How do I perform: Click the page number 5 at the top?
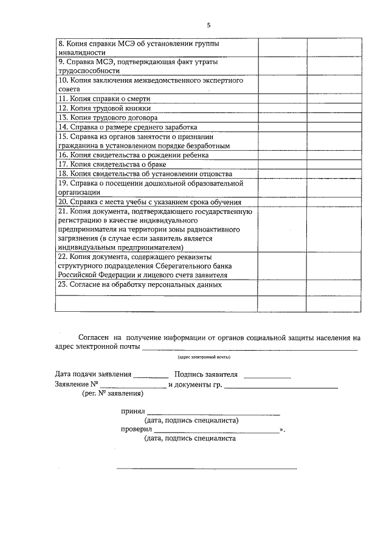tap(208, 25)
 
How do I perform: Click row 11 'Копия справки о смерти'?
tap(104, 98)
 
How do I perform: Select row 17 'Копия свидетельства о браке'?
tap(112, 165)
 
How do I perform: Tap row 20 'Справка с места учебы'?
tap(150, 202)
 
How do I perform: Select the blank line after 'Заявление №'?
tap(133, 386)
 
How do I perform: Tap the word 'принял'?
tap(133, 411)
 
